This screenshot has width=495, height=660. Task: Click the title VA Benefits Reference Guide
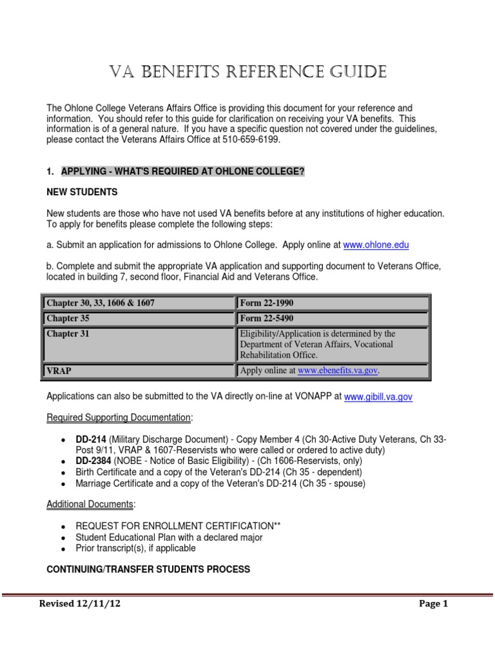tap(247, 72)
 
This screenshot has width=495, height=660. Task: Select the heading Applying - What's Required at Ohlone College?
tap(182, 171)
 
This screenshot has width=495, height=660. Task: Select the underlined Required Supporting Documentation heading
tap(119, 418)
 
